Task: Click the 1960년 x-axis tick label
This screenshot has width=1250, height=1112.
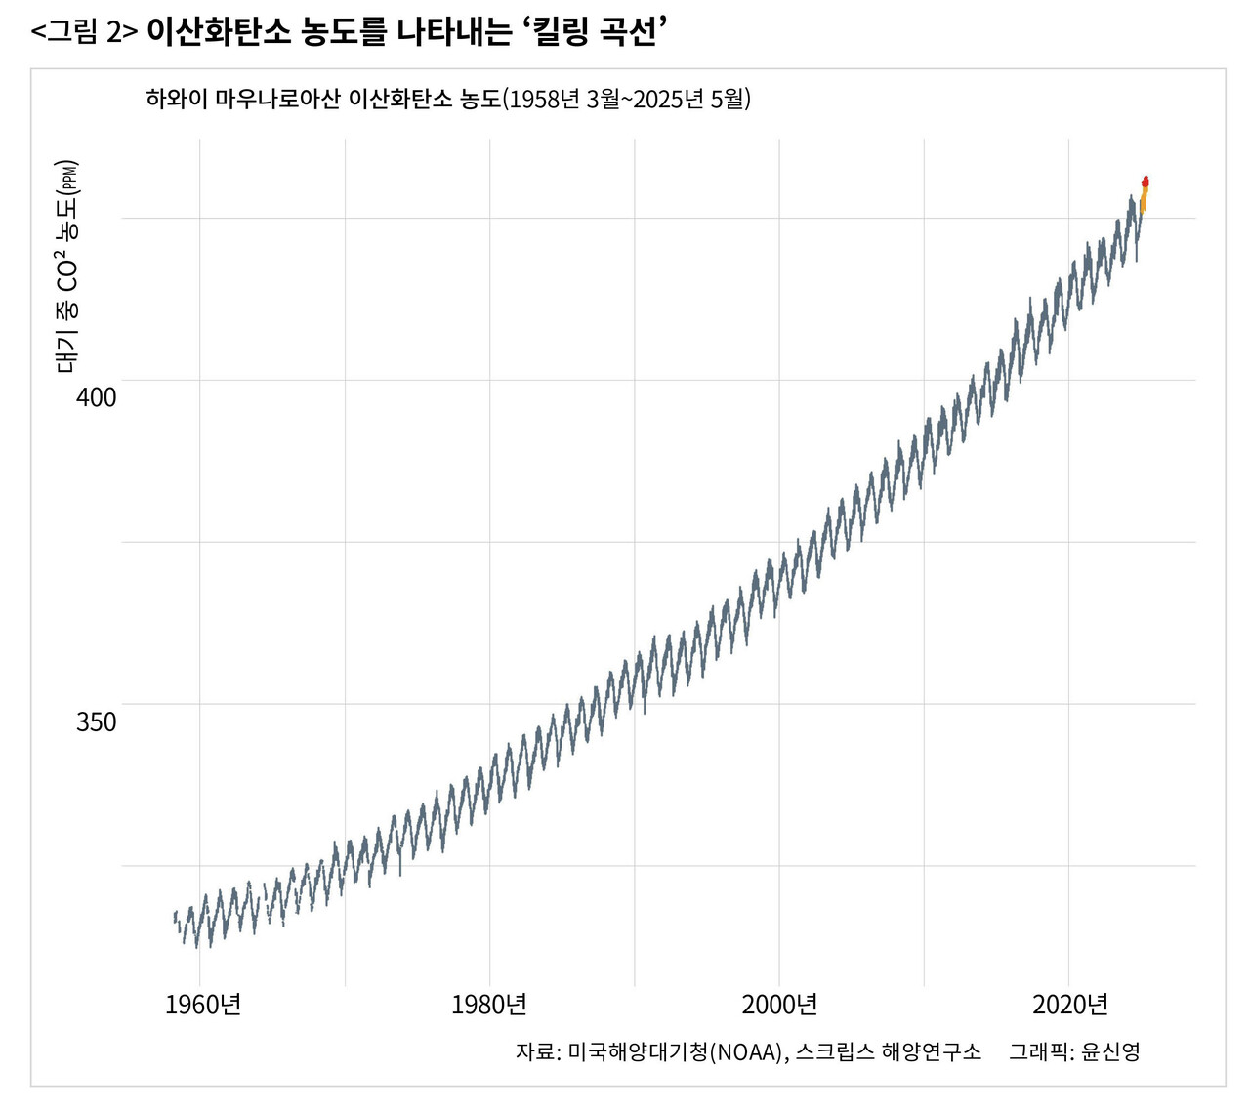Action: click(203, 1005)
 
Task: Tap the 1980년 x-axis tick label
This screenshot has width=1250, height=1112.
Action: click(489, 1005)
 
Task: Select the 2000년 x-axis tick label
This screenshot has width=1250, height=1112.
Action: click(779, 1005)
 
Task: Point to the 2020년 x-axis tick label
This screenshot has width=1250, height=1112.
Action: click(1070, 1005)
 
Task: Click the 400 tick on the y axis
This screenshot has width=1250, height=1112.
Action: click(96, 397)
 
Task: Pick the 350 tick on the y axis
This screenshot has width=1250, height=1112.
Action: click(96, 722)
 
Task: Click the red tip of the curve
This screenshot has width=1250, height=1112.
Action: click(1146, 182)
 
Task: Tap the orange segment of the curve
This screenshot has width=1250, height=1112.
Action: click(1143, 201)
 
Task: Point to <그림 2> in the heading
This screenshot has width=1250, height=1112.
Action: click(84, 32)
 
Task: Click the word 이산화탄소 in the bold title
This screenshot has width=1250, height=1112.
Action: click(219, 32)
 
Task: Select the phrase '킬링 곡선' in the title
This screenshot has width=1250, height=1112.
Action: click(595, 32)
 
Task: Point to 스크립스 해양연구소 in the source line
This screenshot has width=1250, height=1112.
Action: click(888, 1051)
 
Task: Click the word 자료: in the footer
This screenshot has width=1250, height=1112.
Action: click(537, 1051)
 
